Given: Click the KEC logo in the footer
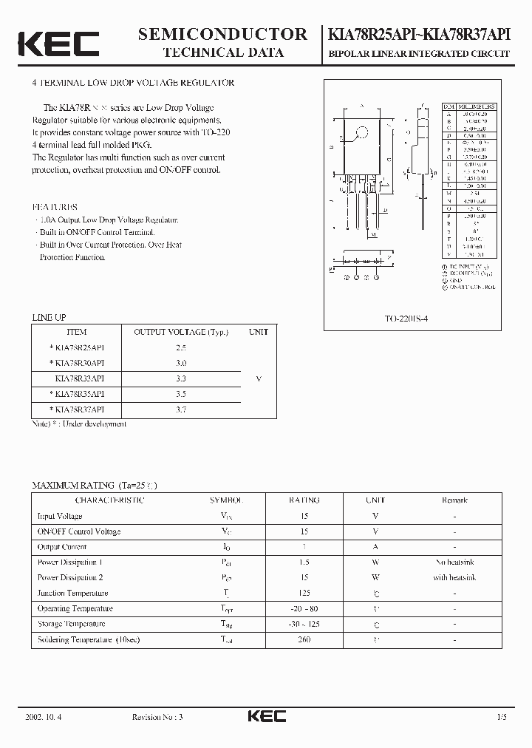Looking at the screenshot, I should [266, 716].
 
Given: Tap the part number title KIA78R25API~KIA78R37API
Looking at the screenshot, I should [420, 34].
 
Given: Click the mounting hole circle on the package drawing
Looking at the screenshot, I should [362, 134].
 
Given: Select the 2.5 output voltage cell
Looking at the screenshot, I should [181, 347].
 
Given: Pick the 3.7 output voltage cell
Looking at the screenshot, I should [181, 409].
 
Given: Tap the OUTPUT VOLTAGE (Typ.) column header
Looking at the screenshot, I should [181, 332].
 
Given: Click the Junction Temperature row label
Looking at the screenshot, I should [72, 593].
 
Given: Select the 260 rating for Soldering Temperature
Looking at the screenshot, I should [304, 639].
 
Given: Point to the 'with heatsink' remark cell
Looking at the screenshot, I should [454, 577].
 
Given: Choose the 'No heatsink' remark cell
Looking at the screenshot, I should [454, 562].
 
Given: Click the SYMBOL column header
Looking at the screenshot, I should [225, 500].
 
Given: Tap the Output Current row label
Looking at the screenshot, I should [62, 547].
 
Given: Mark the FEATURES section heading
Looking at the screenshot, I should [54, 208].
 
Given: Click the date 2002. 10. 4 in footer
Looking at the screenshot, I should [44, 717].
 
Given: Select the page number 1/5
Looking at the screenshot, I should [502, 717].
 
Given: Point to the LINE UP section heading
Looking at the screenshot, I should [49, 317].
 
